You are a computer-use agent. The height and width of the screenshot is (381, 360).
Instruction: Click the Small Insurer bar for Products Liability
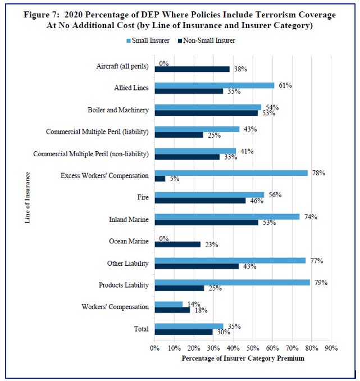232,282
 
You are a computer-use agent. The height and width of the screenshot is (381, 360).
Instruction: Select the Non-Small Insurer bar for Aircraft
192,69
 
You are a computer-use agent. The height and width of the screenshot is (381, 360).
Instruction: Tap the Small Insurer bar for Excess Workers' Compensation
231,173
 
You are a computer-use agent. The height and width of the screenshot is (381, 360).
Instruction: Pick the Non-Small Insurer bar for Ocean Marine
177,244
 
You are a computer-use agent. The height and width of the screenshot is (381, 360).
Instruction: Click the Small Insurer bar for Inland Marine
227,216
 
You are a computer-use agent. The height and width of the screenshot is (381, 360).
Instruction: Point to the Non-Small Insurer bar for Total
184,332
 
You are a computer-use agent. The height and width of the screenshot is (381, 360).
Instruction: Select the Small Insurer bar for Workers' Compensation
168,304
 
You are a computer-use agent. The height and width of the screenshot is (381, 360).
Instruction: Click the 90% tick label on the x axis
331,348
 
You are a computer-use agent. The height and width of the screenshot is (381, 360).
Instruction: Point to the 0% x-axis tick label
155,348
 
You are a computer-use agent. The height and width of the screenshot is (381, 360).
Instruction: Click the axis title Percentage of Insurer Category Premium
243,358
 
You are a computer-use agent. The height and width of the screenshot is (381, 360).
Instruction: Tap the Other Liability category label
127,263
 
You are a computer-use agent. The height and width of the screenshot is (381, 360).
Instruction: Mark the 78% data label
320,173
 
